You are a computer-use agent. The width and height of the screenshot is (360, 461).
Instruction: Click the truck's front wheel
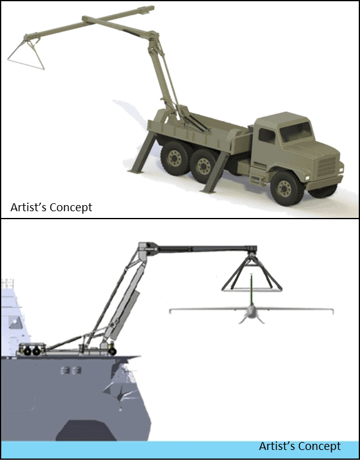285,189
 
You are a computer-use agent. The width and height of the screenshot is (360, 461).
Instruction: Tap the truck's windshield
296,131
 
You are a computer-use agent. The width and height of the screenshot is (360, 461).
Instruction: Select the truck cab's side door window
267,136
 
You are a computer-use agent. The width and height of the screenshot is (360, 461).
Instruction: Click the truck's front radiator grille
327,167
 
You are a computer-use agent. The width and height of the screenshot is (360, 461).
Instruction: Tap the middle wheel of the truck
203,166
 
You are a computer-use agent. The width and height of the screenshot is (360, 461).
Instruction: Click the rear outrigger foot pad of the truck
135,171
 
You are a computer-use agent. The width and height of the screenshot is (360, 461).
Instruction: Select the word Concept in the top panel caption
71,207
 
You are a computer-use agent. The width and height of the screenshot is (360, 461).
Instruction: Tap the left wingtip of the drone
171,311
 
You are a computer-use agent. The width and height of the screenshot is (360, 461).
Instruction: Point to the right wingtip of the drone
332,311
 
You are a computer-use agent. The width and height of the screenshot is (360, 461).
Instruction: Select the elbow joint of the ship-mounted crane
145,250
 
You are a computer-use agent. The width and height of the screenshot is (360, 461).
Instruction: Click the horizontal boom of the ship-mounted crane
206,249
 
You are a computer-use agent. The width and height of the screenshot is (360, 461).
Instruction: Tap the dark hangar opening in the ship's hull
85,430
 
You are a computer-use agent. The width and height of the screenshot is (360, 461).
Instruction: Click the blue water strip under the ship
180,450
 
